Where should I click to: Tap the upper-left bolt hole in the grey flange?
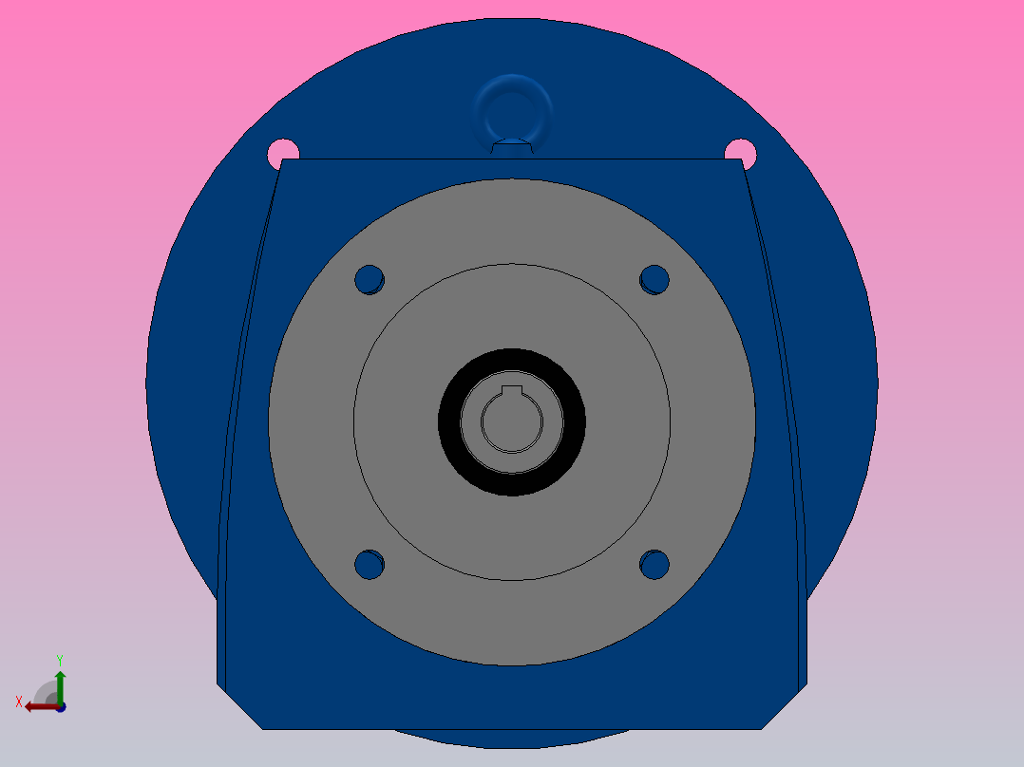[x=370, y=280]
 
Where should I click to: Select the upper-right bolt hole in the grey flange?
[x=654, y=280]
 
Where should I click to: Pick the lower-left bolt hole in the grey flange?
[x=370, y=565]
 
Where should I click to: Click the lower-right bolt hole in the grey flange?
[x=654, y=565]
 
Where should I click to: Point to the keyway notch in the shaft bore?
[x=512, y=390]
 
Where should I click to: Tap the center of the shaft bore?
[x=512, y=421]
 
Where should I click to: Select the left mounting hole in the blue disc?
[x=283, y=153]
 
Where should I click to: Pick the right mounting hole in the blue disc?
[x=741, y=153]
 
